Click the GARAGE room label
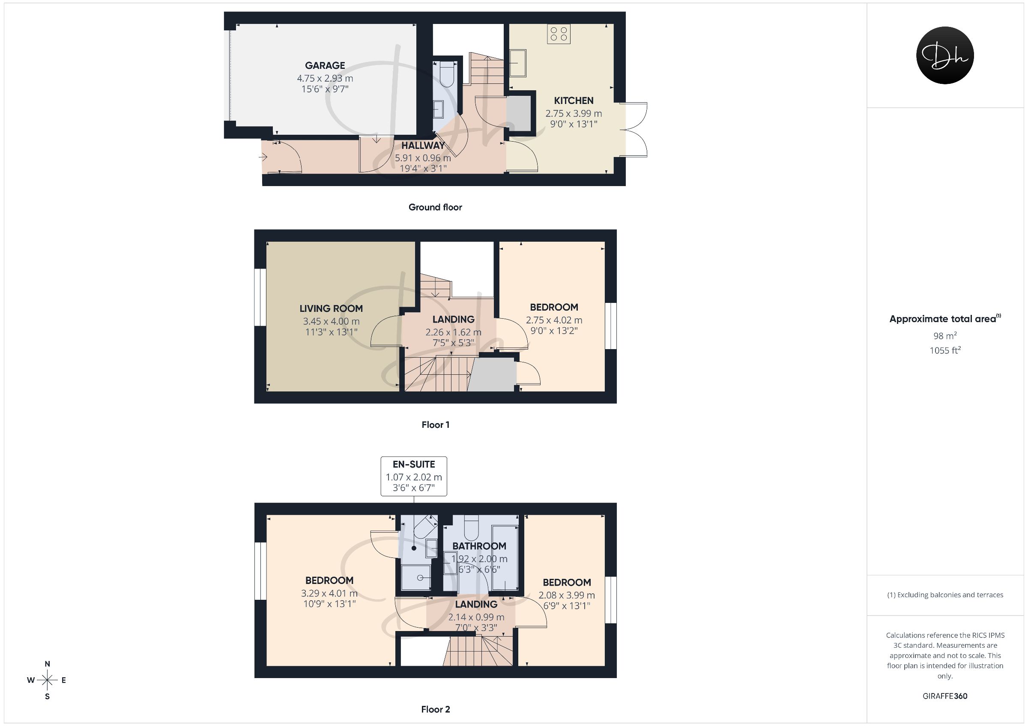(325, 65)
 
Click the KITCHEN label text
(574, 101)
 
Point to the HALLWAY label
(423, 145)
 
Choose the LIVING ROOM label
(331, 308)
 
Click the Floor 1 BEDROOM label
(554, 307)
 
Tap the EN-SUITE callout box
(414, 476)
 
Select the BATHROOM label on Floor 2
(479, 546)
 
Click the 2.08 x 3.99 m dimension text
(567, 596)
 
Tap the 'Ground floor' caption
(435, 207)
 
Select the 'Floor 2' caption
(436, 709)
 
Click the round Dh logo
(945, 55)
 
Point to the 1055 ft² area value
(945, 350)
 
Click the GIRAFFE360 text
(945, 696)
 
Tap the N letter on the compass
(48, 664)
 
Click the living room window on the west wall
(257, 297)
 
